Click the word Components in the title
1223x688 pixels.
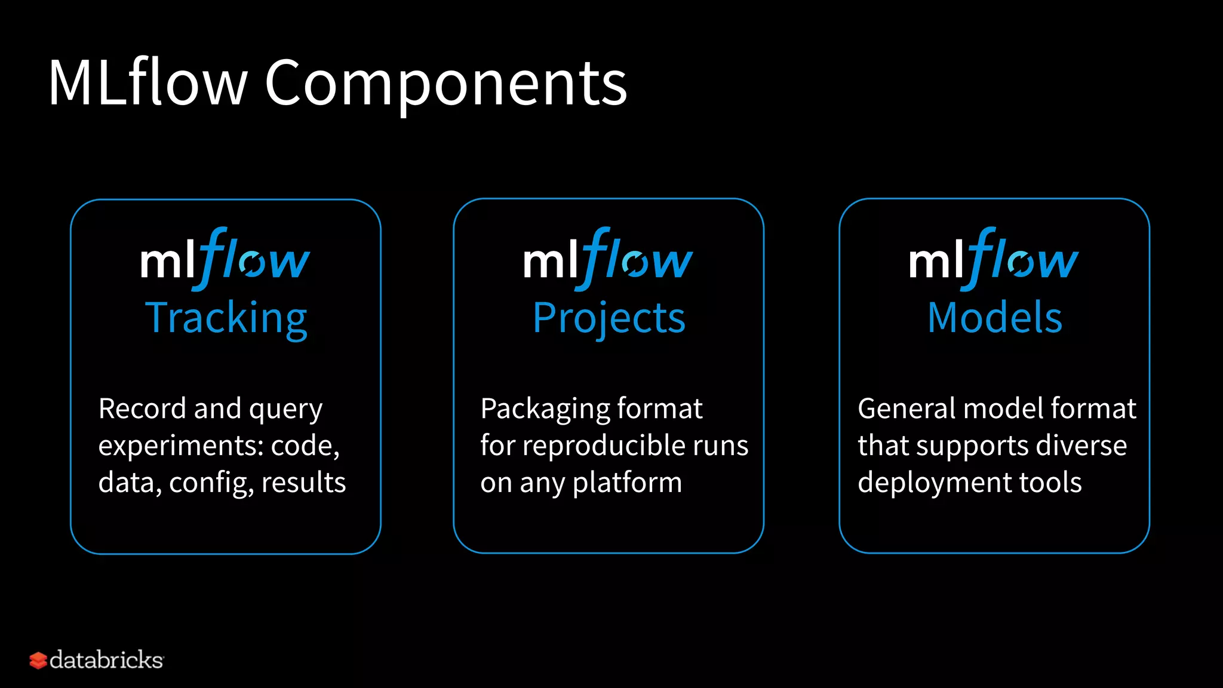pyautogui.click(x=445, y=84)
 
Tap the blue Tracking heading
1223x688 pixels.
pyautogui.click(x=226, y=318)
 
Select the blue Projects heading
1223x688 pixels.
pyautogui.click(x=609, y=318)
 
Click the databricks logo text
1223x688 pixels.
pyautogui.click(x=106, y=660)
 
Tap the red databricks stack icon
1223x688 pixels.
pyautogui.click(x=38, y=661)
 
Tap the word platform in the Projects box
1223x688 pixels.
pyautogui.click(x=627, y=483)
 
